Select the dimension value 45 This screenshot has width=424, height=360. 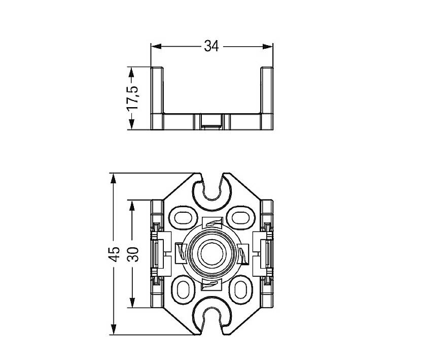[115, 254]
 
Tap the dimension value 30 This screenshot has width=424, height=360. [132, 254]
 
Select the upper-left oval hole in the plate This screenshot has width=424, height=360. [183, 218]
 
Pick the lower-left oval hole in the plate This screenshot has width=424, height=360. [183, 290]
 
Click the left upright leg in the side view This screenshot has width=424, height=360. [157, 96]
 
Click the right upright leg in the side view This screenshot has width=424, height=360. [267, 96]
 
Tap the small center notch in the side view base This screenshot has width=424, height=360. [212, 121]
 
